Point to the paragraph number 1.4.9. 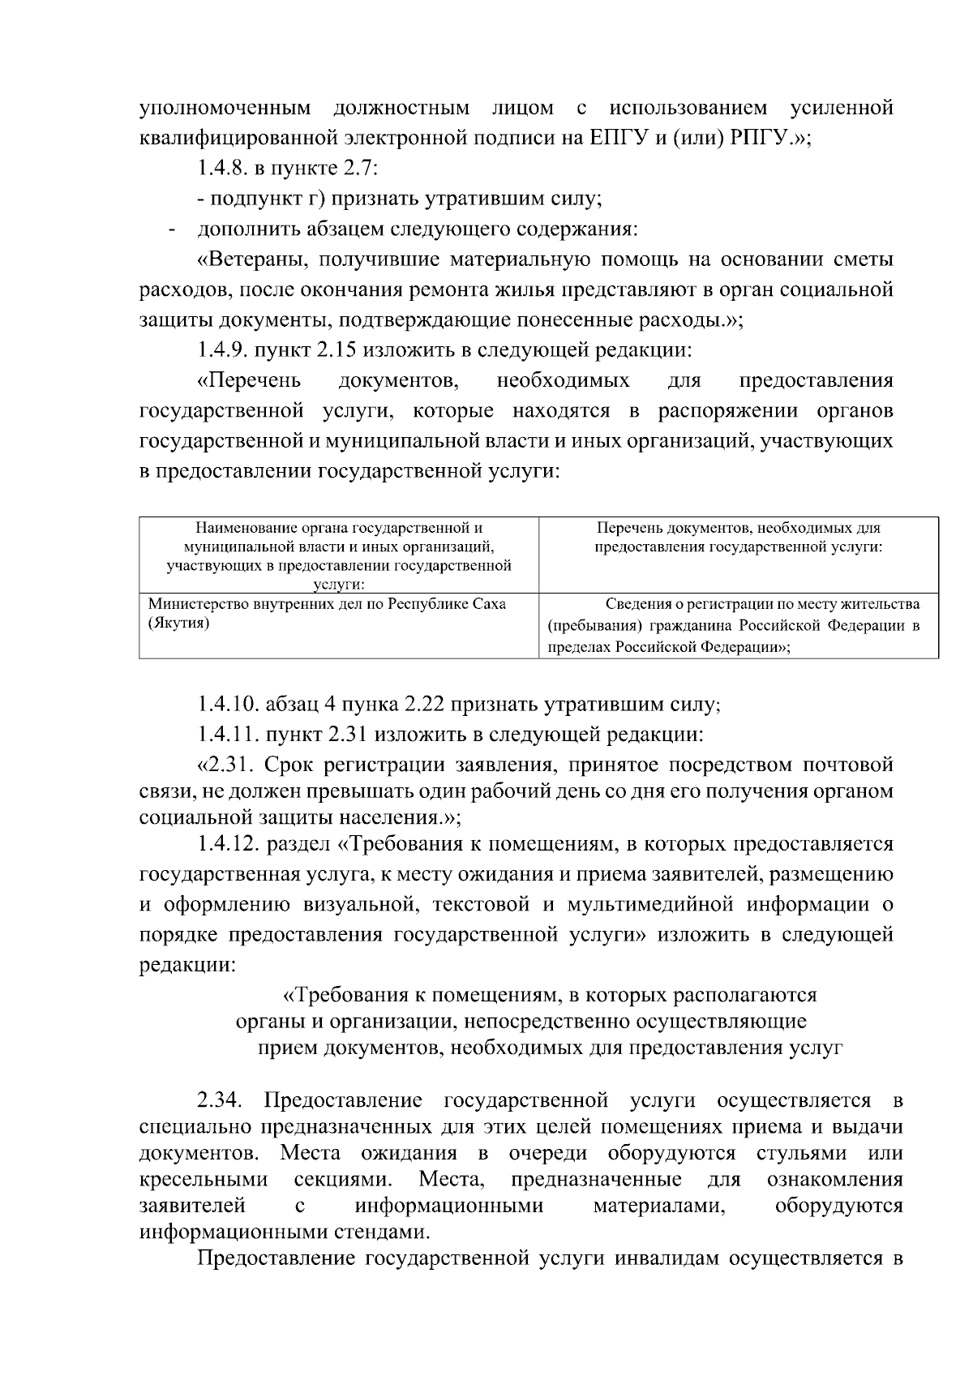coord(223,350)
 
